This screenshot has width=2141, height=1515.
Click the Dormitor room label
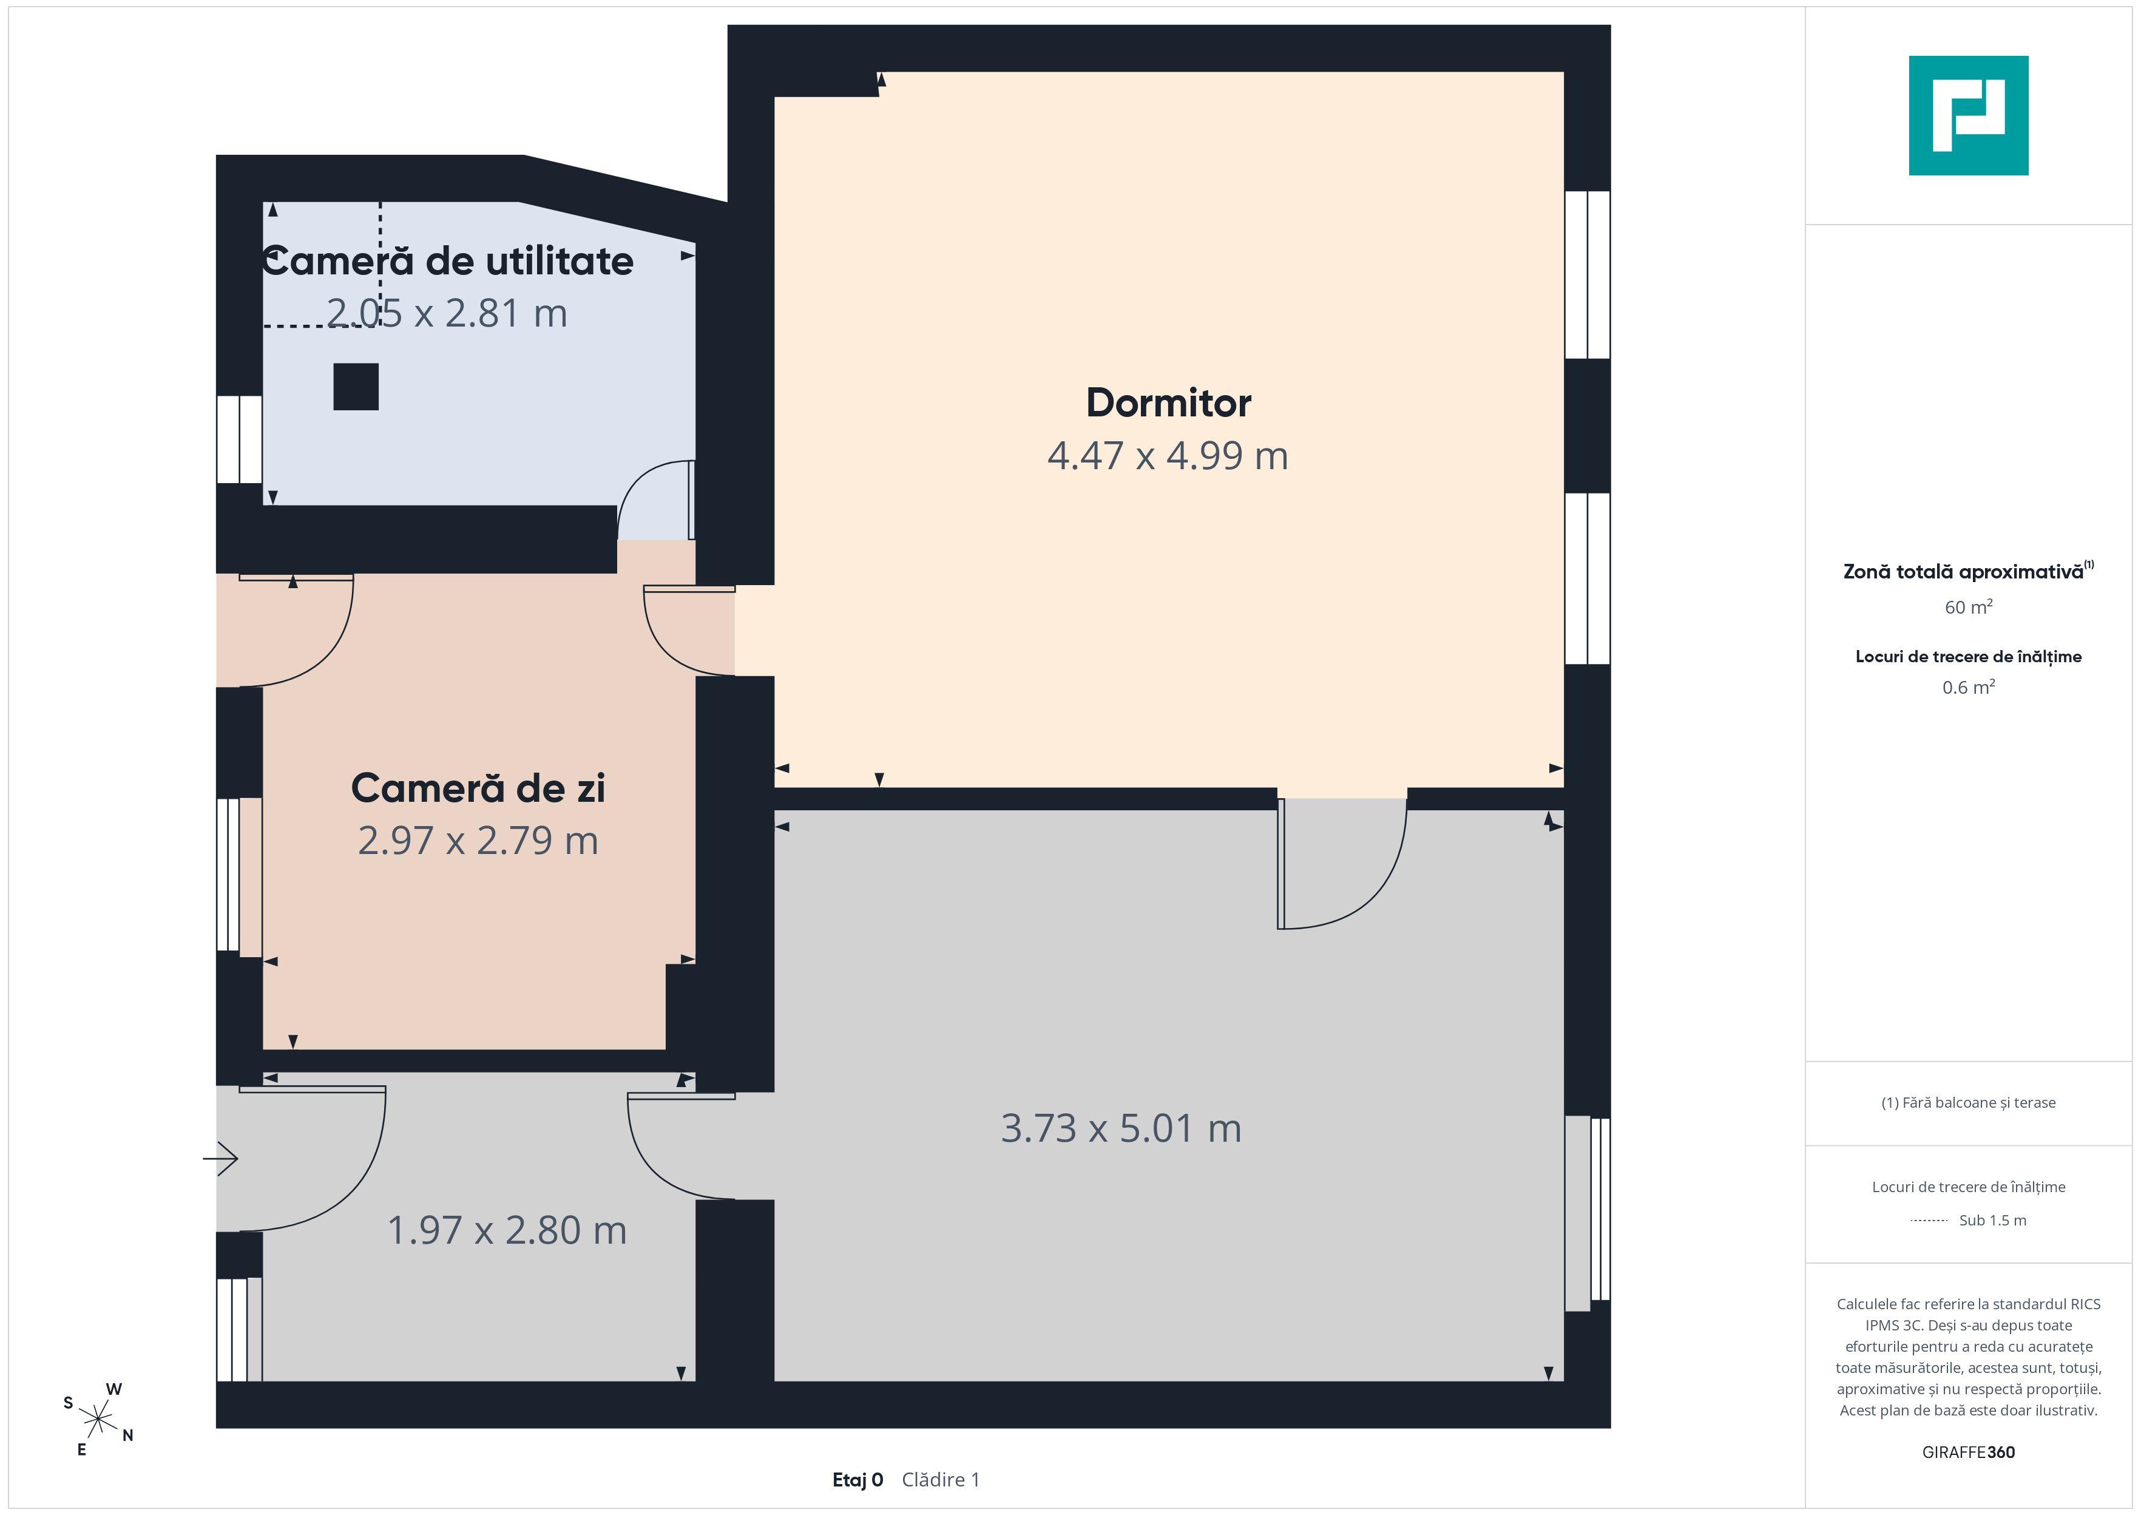(x=1168, y=403)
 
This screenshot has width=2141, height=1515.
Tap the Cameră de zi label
(x=478, y=788)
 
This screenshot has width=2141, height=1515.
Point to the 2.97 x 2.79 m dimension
(x=478, y=841)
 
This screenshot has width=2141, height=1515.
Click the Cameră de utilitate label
(x=448, y=261)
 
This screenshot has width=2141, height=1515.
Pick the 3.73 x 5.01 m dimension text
(x=1121, y=1129)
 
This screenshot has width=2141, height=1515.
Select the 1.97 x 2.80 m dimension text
(x=506, y=1230)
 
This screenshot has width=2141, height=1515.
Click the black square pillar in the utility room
(x=356, y=386)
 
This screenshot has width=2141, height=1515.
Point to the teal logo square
(x=1969, y=116)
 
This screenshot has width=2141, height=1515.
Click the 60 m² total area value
(x=1969, y=608)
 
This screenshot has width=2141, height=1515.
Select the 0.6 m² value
(x=1969, y=688)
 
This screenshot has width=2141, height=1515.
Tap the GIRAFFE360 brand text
(x=1969, y=1452)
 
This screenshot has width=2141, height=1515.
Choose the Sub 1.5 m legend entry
(x=1993, y=1220)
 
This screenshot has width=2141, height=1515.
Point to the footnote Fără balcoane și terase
(x=1969, y=1103)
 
